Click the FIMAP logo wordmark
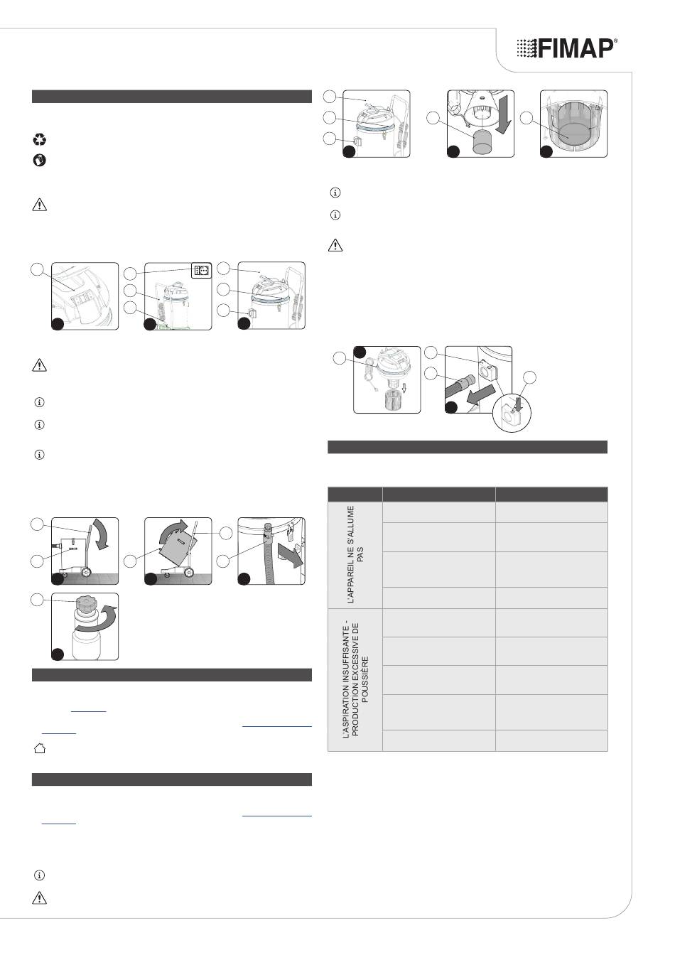point(567,48)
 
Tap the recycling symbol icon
point(39,139)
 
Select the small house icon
point(39,748)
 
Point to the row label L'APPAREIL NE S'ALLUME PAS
point(356,554)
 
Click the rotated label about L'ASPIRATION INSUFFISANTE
point(356,679)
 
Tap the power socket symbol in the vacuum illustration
point(201,270)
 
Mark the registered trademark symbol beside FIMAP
point(615,41)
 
